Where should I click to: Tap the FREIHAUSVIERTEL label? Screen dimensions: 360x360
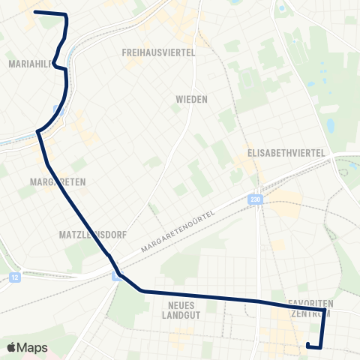point(158,52)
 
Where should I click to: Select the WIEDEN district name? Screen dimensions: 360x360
point(191,99)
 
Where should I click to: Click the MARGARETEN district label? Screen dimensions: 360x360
point(58,182)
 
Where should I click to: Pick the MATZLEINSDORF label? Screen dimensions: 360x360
point(85,235)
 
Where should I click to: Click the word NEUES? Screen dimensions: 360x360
point(182,305)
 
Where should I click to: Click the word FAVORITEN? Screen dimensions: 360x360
point(309,304)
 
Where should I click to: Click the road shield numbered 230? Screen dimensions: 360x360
point(256,199)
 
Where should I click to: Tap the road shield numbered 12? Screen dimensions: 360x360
point(14,277)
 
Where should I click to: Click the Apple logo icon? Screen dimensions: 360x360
point(11,347)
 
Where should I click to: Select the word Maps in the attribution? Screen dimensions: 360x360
point(33,347)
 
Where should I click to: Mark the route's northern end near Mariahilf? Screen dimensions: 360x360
point(35,13)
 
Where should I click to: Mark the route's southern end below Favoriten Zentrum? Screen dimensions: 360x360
point(308,344)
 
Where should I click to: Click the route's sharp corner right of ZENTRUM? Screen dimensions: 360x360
point(325,309)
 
